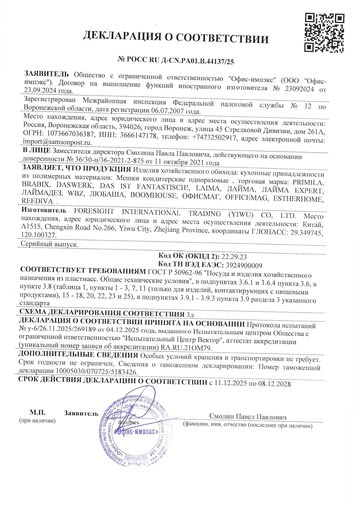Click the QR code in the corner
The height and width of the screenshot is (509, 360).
324,33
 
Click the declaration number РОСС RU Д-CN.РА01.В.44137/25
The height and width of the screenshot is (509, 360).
176,61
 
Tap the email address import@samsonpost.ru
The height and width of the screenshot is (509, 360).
57,142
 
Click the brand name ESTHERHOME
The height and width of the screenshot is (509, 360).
298,199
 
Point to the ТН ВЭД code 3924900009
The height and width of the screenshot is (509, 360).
244,265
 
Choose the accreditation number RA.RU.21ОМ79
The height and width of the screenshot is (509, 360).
186,348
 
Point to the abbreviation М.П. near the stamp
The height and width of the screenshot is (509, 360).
37,412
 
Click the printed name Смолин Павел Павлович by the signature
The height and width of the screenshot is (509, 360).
248,417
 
